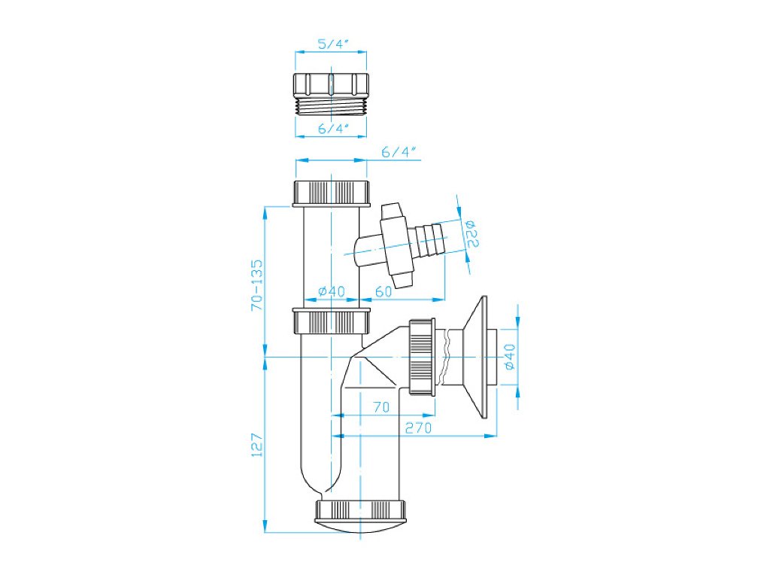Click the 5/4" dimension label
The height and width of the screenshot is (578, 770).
pyautogui.click(x=331, y=44)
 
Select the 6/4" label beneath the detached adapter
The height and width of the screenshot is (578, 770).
pyautogui.click(x=331, y=129)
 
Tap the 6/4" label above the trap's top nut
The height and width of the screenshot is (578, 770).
pyautogui.click(x=399, y=152)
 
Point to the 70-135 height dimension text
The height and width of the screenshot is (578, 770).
pyautogui.click(x=257, y=285)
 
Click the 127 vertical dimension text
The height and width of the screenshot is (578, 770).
pyautogui.click(x=256, y=445)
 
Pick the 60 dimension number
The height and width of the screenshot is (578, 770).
pyautogui.click(x=383, y=292)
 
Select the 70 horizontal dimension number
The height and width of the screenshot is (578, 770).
pyautogui.click(x=381, y=407)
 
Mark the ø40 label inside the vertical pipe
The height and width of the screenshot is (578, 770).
pyautogui.click(x=331, y=292)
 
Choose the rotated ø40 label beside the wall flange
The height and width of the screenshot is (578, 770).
pyautogui.click(x=509, y=356)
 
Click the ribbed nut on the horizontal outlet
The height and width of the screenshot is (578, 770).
pyautogui.click(x=422, y=356)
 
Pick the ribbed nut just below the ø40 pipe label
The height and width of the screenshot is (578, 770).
pyautogui.click(x=332, y=321)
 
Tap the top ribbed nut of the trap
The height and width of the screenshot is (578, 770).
pyautogui.click(x=332, y=193)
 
